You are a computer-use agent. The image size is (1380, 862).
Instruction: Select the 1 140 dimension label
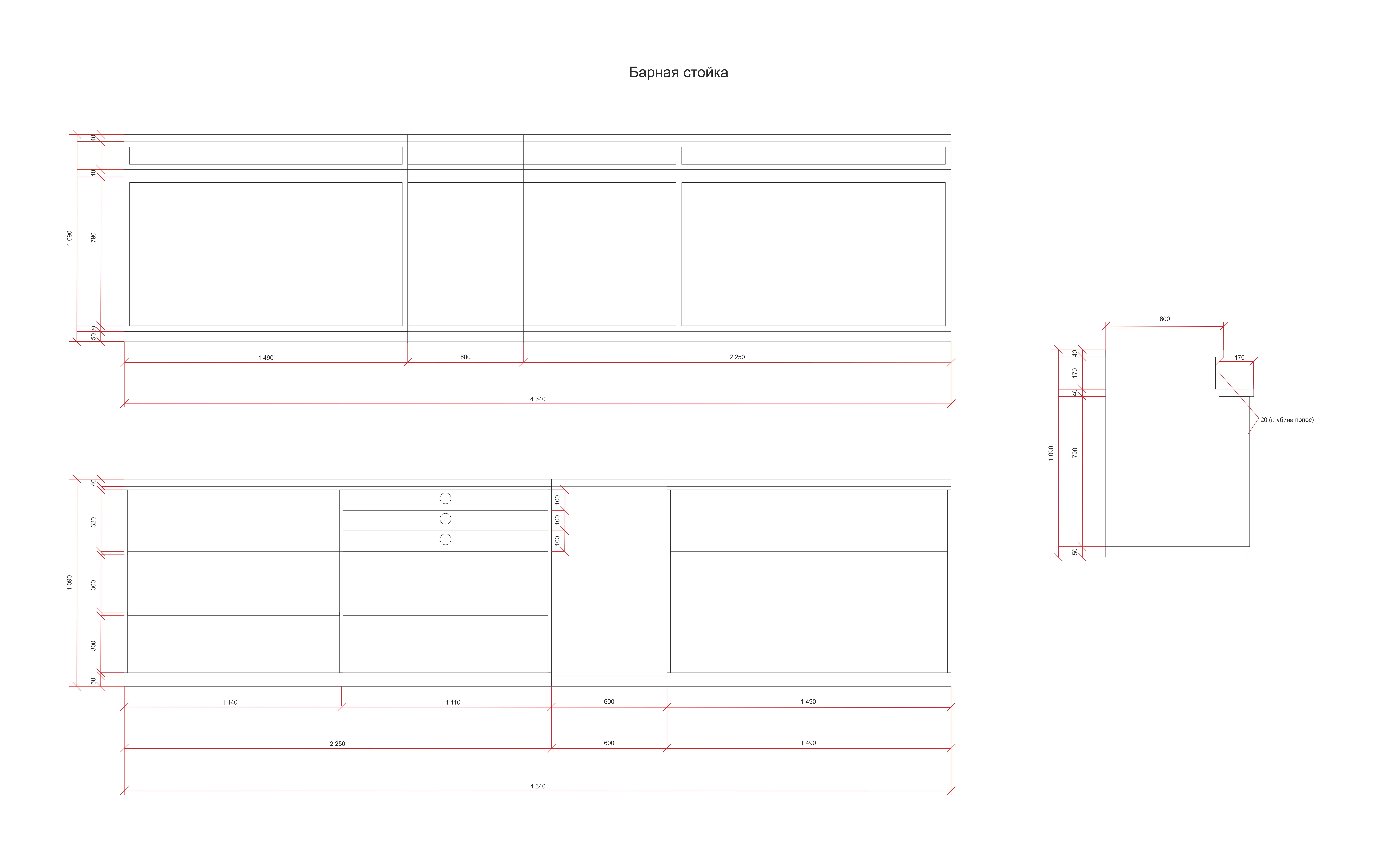pos(230,702)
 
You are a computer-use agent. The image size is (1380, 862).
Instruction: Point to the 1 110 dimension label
pos(453,702)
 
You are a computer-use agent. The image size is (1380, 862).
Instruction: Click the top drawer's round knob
pos(445,498)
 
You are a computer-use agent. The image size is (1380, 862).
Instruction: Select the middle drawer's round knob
pos(445,519)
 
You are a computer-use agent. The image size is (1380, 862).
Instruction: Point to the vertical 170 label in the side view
pos(1075,373)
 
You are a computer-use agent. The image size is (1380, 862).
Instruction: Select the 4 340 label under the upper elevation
pos(538,399)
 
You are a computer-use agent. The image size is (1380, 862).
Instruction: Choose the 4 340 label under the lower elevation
pos(538,786)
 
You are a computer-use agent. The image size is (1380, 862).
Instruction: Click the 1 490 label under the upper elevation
pos(266,358)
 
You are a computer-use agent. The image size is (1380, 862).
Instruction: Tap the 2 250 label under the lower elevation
pos(337,744)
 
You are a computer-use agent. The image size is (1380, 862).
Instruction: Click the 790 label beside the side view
pos(1075,452)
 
